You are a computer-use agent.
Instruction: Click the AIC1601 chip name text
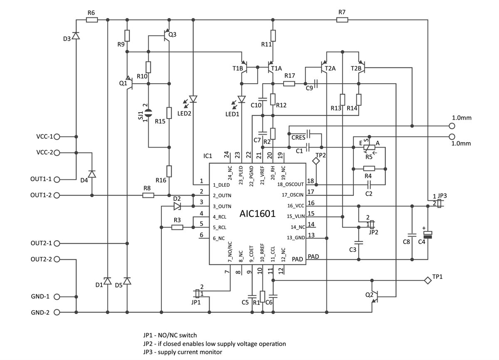257,214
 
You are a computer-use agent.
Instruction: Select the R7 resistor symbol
342,20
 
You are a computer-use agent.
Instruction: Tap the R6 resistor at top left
91,20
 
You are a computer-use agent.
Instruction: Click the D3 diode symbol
76,36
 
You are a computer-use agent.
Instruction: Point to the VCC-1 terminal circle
57,136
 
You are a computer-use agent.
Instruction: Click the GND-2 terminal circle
57,312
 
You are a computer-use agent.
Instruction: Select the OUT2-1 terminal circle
57,243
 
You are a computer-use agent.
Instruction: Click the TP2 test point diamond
316,163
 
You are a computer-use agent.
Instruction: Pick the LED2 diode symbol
193,99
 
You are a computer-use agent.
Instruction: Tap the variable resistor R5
369,147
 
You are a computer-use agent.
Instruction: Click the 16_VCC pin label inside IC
296,205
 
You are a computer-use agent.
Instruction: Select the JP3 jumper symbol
440,203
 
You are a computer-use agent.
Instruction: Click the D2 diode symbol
177,206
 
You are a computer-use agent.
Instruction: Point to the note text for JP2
214,343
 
